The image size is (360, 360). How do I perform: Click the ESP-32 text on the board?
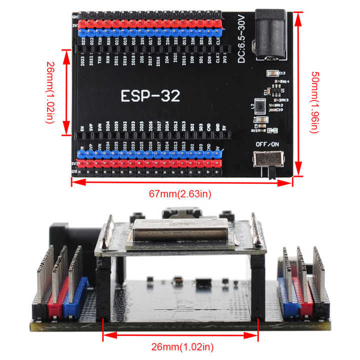click(150, 95)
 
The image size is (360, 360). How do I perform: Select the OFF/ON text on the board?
click(267, 144)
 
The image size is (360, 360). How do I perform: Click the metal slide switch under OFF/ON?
click(268, 159)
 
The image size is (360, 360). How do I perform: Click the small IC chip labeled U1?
click(274, 90)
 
